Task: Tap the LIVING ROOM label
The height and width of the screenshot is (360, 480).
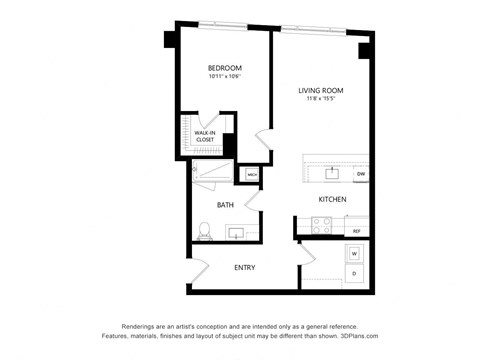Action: pyautogui.click(x=321, y=91)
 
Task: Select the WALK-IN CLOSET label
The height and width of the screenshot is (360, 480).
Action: pyautogui.click(x=205, y=136)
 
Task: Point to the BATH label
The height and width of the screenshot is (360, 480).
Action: pyautogui.click(x=225, y=205)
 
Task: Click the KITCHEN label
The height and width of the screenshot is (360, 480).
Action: pyautogui.click(x=332, y=199)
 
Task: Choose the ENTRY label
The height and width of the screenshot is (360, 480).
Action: pyautogui.click(x=245, y=267)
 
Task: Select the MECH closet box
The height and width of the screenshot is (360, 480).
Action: pyautogui.click(x=252, y=174)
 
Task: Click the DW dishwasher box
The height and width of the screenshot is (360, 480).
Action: pyautogui.click(x=360, y=174)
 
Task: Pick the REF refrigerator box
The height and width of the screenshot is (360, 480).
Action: pyautogui.click(x=356, y=231)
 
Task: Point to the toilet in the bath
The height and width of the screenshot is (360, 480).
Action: pyautogui.click(x=204, y=232)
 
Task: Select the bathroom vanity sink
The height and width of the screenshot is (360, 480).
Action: pyautogui.click(x=236, y=233)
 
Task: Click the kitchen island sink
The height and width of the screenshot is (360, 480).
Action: pyautogui.click(x=332, y=172)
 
